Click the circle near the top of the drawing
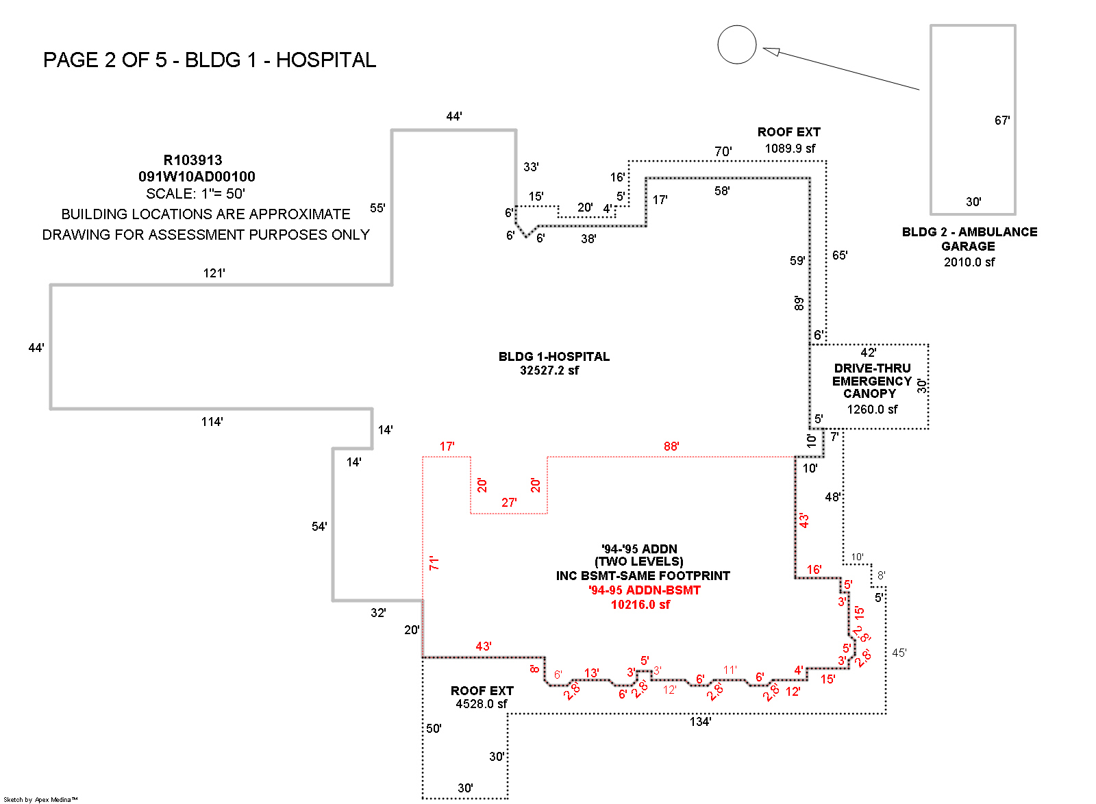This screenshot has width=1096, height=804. [736, 45]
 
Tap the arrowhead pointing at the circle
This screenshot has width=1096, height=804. [771, 51]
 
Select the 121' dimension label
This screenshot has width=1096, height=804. [214, 273]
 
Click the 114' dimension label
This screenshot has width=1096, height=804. [212, 422]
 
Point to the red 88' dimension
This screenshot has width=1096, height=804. [671, 447]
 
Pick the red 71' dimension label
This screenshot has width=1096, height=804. [434, 563]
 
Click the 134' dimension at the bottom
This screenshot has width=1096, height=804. [700, 722]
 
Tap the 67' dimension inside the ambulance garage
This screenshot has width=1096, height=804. [1002, 121]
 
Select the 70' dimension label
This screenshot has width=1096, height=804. [723, 151]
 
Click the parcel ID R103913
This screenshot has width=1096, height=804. [192, 160]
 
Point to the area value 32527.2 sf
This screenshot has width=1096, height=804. [549, 370]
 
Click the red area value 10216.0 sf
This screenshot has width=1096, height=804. [640, 605]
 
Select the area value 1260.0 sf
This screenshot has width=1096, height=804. [872, 410]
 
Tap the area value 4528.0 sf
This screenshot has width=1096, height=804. [482, 704]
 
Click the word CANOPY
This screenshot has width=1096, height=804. [869, 394]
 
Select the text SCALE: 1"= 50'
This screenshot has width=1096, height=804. [195, 194]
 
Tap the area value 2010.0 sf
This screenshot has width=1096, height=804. [969, 262]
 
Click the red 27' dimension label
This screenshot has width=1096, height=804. [509, 503]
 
